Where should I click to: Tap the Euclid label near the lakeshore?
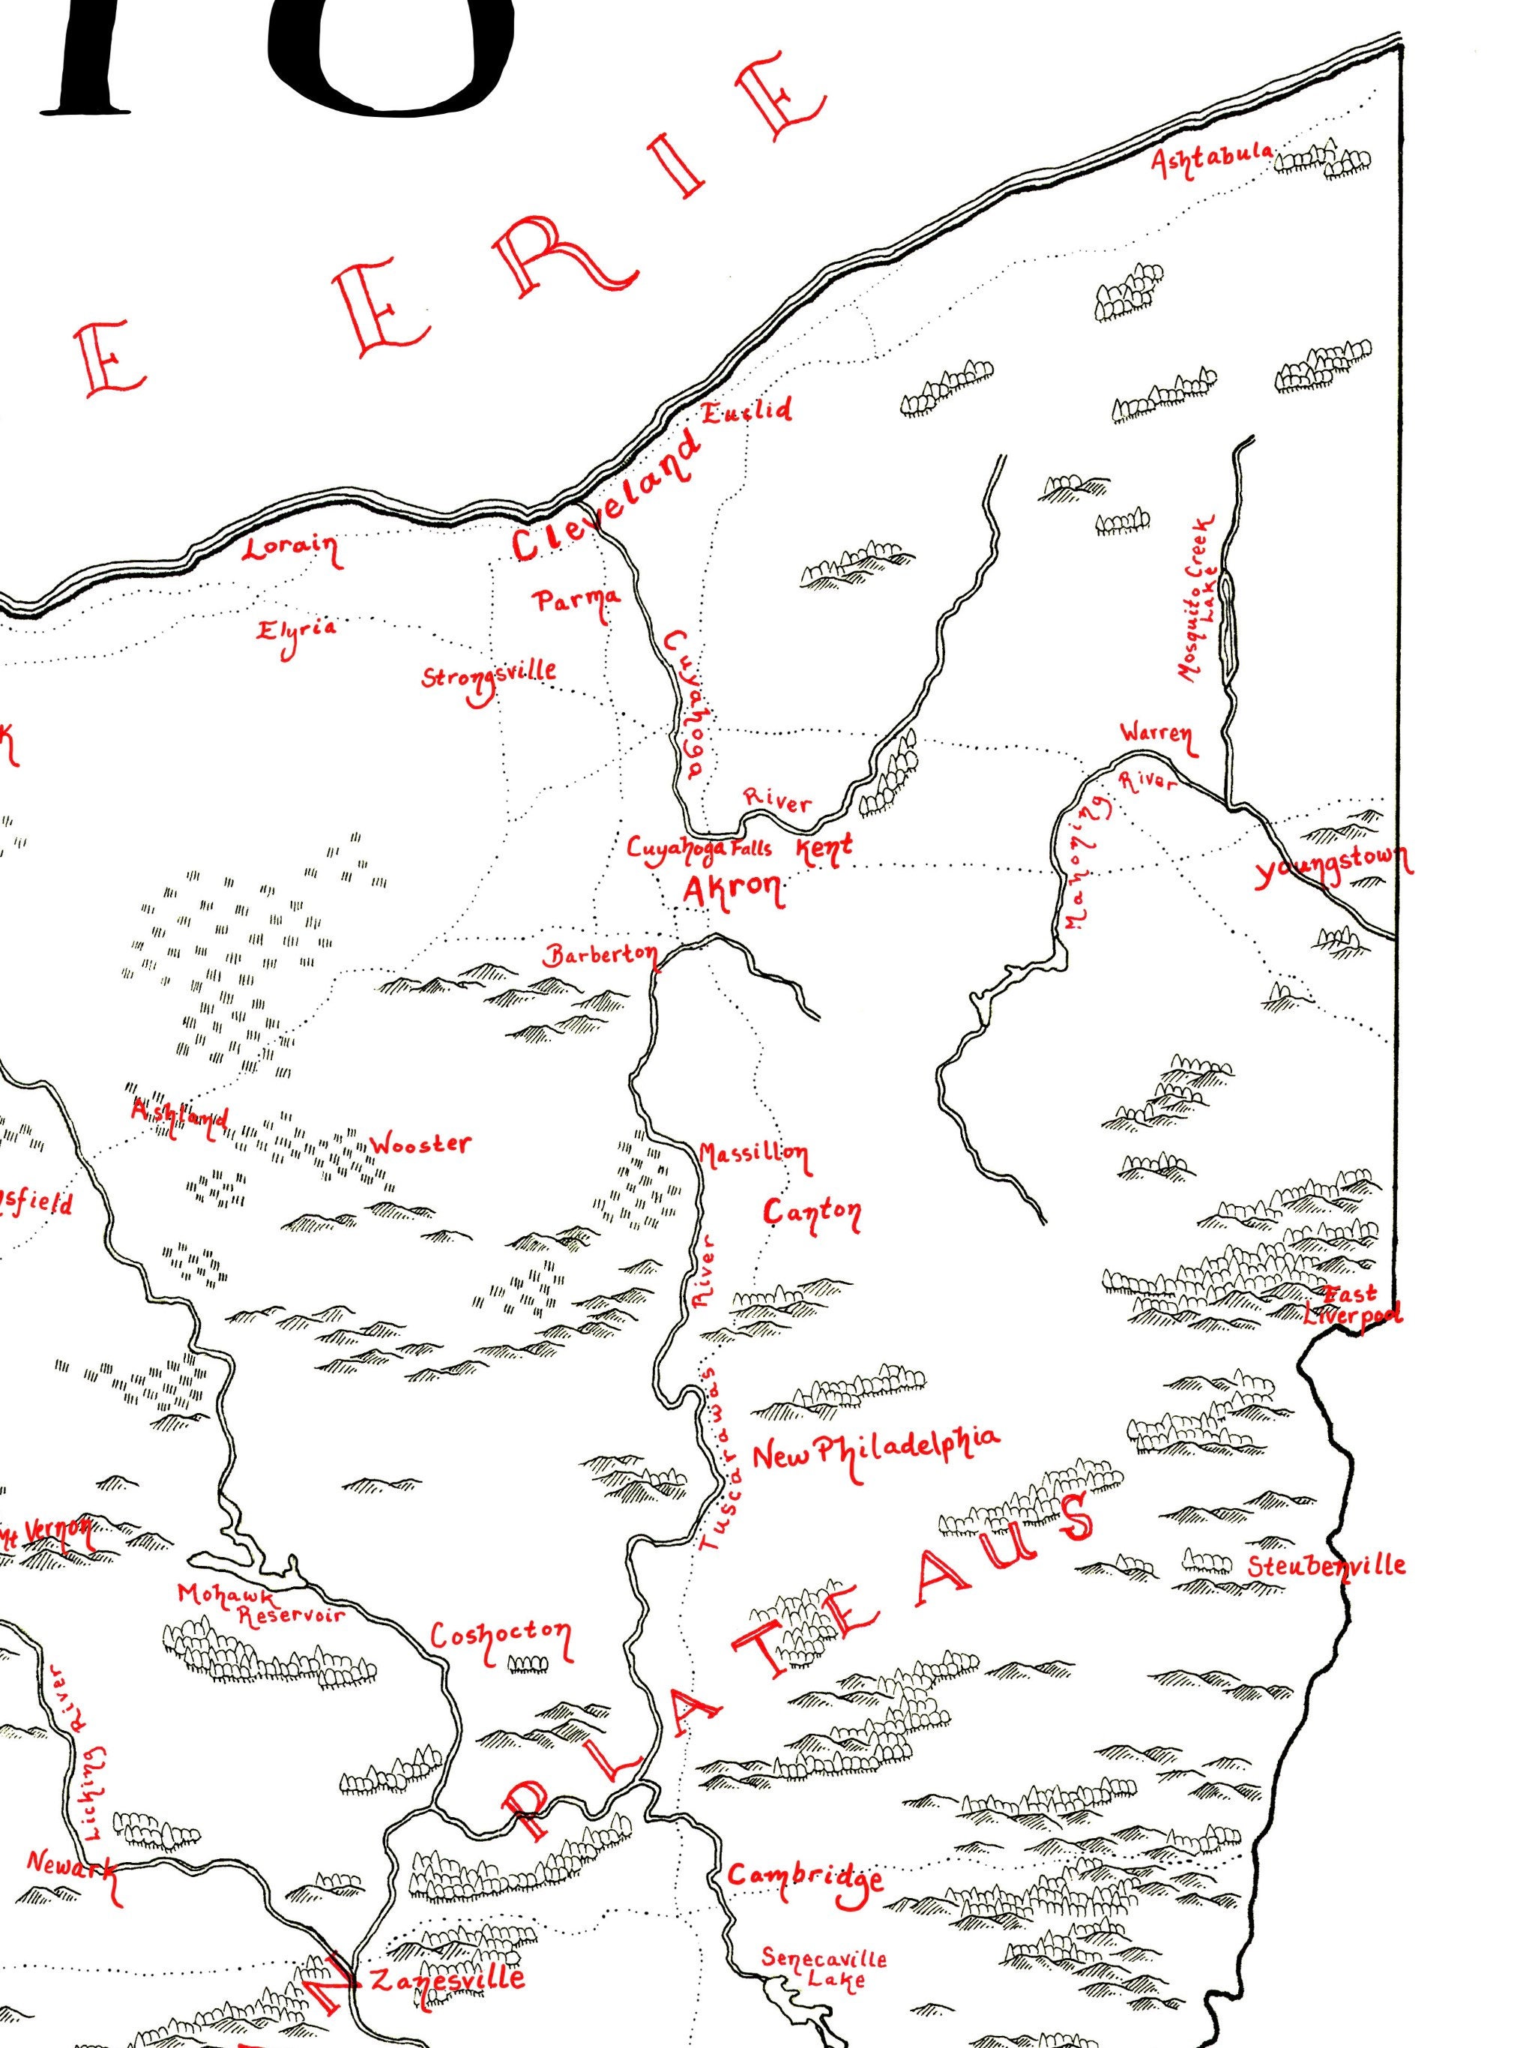pos(747,410)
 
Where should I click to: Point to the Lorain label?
pos(290,549)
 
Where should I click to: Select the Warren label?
pos(1156,734)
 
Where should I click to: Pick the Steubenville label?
pos(1326,1567)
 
